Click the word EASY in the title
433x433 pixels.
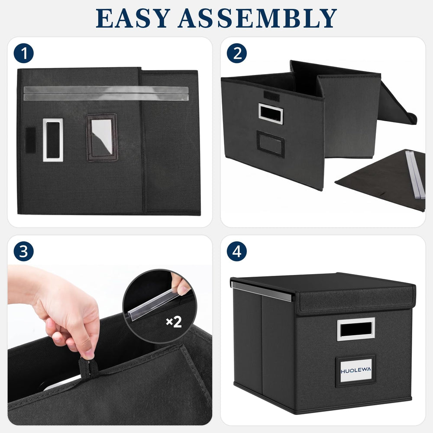pos(133,18)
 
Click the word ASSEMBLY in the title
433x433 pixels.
pos(257,18)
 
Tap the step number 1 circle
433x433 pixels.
pos(24,53)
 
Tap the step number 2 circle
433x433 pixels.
pos(237,53)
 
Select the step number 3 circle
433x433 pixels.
pos(24,251)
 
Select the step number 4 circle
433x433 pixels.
pos(237,251)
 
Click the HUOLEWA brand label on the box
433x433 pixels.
pos(355,370)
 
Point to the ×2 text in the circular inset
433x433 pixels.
pos(174,322)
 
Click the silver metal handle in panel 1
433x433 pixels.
pos(53,140)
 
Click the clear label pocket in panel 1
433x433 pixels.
pos(102,137)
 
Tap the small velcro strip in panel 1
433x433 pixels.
pos(30,140)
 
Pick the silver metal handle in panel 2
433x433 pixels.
pos(271,113)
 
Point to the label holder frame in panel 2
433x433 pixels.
pos(271,144)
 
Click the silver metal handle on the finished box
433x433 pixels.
pos(356,329)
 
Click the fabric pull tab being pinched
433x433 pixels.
pos(88,367)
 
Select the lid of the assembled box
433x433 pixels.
pos(323,292)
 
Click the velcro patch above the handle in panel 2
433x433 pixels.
pos(271,96)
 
